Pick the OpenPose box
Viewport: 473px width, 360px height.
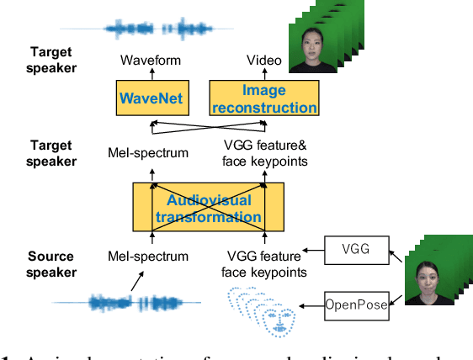click(x=358, y=305)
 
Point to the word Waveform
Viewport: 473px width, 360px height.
click(x=151, y=61)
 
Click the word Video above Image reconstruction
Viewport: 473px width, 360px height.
click(x=263, y=61)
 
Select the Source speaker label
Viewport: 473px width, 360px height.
click(x=51, y=264)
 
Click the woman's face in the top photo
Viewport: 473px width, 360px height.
click(x=315, y=40)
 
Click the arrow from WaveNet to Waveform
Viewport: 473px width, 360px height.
click(x=151, y=75)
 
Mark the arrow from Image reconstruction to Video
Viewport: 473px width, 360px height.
click(x=263, y=75)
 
